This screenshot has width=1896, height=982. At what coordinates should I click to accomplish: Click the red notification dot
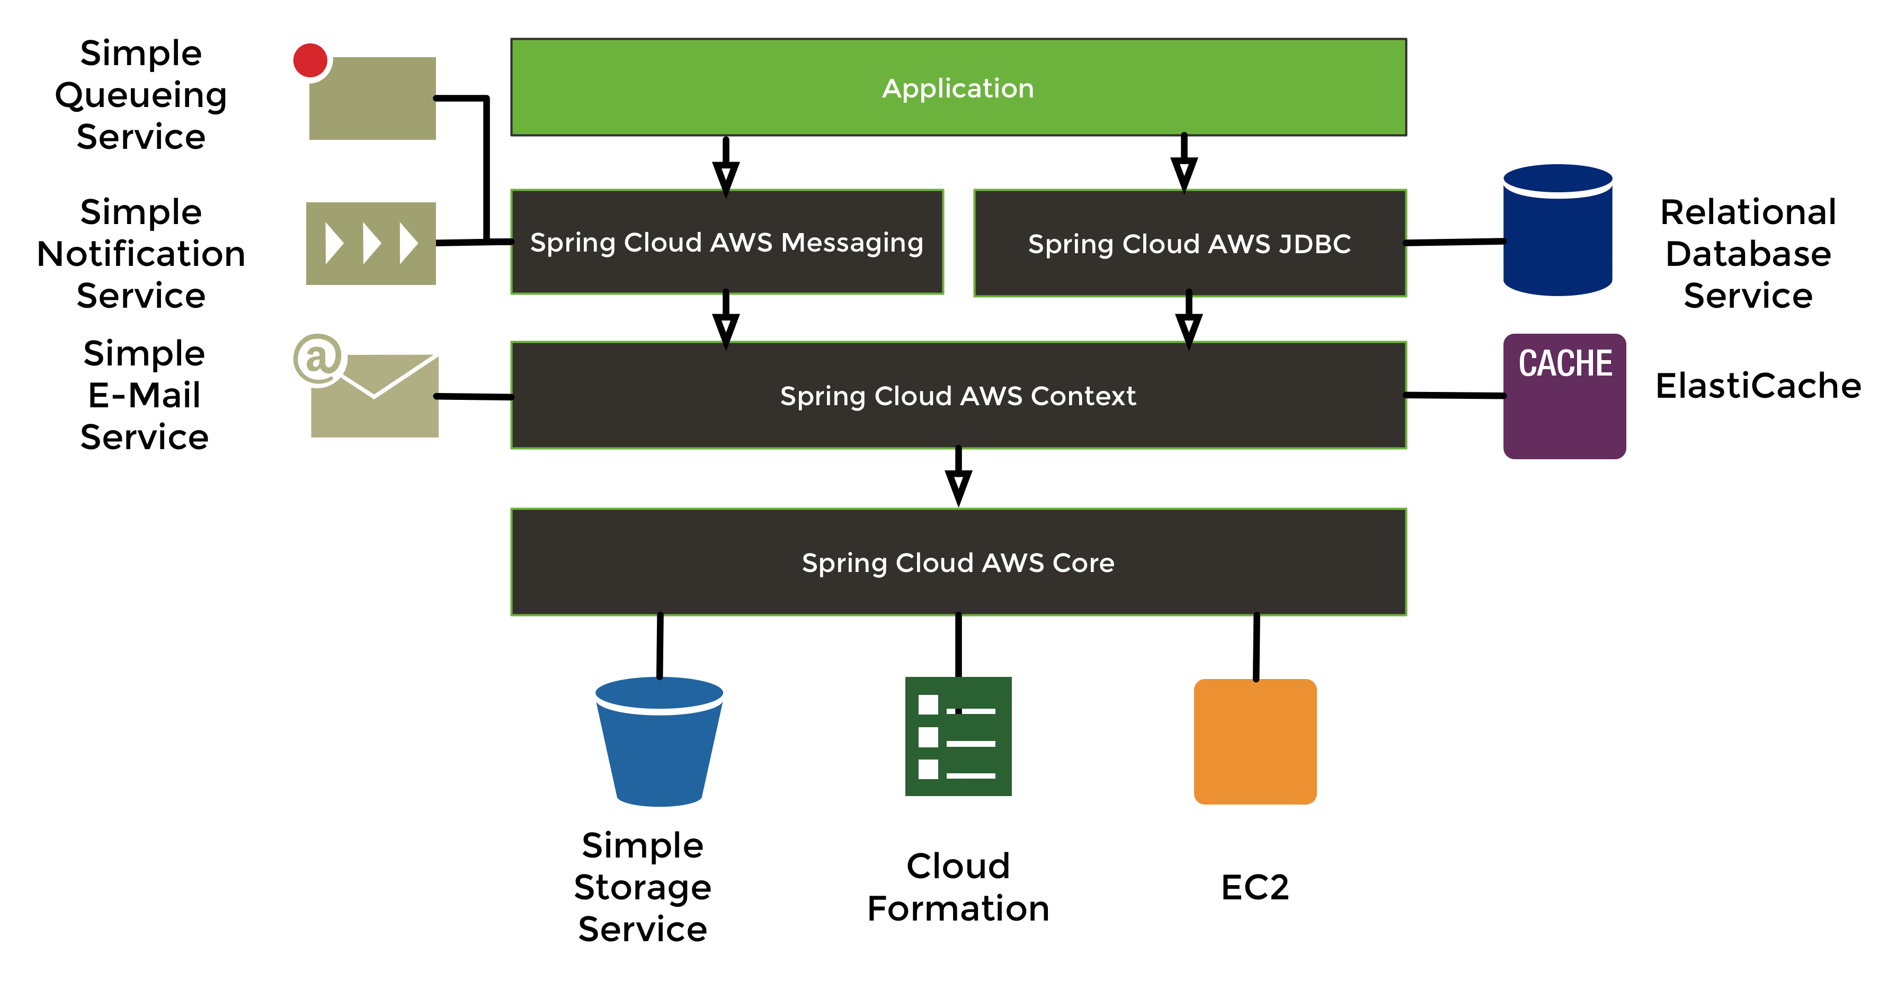click(310, 60)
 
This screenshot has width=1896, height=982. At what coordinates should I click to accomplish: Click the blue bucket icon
click(660, 751)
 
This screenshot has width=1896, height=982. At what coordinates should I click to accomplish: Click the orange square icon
click(1255, 742)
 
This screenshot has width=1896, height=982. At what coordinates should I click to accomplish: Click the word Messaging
click(851, 243)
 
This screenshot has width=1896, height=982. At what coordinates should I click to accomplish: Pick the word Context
click(1083, 396)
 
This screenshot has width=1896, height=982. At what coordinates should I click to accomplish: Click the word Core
click(1083, 563)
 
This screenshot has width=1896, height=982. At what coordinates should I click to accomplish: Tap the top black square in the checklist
click(928, 704)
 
